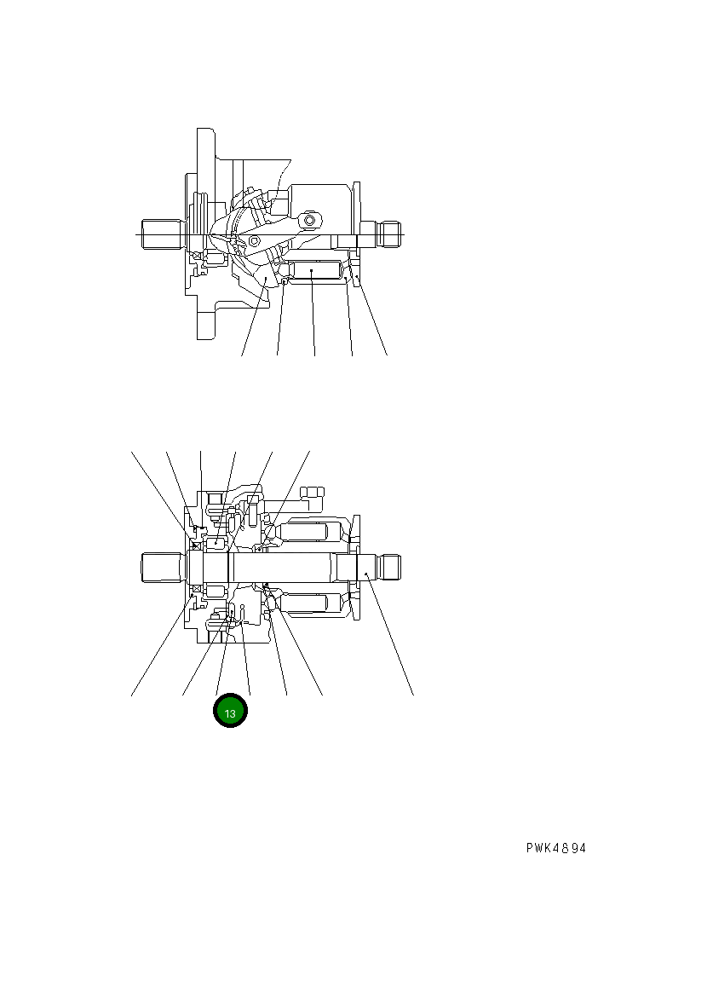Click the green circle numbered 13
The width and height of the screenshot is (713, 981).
coord(230,712)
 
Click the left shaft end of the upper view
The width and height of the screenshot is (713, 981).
coord(163,233)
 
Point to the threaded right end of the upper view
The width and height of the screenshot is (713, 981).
coord(389,233)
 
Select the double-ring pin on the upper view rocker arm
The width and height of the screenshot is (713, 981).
coord(308,221)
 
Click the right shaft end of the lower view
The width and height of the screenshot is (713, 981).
coord(388,565)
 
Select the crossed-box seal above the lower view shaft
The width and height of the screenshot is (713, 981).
coord(196,545)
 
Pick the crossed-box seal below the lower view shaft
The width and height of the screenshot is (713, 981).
coord(196,589)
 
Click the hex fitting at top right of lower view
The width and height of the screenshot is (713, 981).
coord(313,491)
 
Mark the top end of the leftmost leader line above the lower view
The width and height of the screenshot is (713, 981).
coord(131,450)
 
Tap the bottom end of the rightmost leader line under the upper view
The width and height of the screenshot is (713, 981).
coord(388,355)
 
